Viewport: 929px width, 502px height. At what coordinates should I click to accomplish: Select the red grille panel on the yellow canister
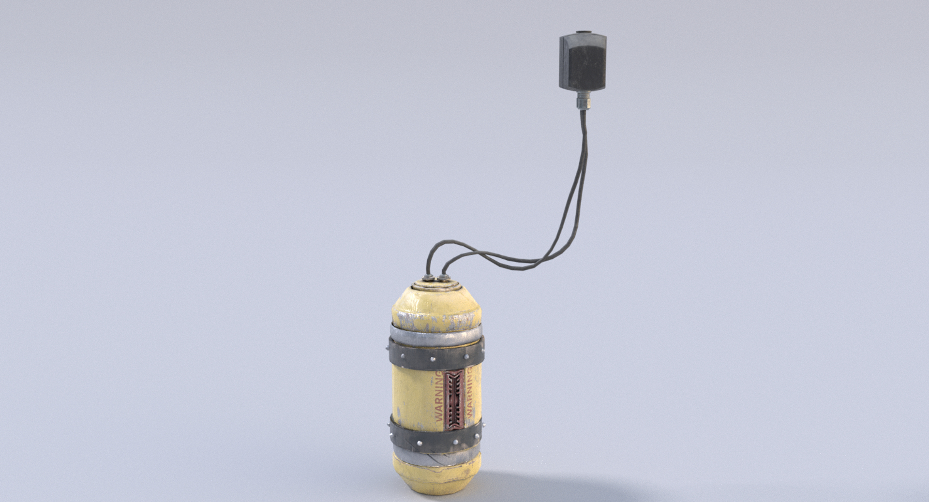[x=454, y=400]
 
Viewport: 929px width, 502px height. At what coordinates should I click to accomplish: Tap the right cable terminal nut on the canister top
[x=442, y=278]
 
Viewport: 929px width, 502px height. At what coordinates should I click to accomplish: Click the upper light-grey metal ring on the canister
[x=435, y=331]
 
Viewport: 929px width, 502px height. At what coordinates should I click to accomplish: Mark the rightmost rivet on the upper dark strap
[x=468, y=357]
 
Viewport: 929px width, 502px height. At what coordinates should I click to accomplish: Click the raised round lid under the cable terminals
[x=435, y=285]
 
